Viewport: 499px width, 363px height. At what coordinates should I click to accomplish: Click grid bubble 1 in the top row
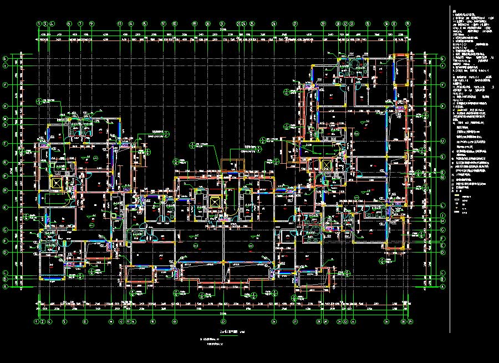(x=38, y=24)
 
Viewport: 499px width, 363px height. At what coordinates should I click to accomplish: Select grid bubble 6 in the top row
(x=69, y=24)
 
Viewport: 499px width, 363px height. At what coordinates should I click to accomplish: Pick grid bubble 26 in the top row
(x=274, y=24)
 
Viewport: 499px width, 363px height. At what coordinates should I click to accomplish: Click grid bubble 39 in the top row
(x=409, y=24)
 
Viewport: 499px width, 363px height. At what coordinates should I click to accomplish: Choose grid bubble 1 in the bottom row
(x=38, y=321)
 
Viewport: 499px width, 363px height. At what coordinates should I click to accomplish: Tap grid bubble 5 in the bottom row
(x=64, y=321)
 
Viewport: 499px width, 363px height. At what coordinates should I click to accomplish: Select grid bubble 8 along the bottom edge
(x=85, y=321)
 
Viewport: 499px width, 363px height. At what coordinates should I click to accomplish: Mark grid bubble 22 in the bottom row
(x=223, y=321)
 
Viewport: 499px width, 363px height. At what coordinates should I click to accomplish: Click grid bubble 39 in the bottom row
(x=409, y=321)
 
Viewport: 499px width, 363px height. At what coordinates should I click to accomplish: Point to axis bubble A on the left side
(x=6, y=287)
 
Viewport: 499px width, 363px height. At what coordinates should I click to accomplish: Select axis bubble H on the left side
(x=6, y=190)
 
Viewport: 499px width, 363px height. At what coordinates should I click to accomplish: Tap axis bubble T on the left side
(x=6, y=143)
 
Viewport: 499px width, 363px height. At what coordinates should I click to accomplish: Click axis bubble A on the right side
(x=442, y=287)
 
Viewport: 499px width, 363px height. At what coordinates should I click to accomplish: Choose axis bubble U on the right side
(x=442, y=142)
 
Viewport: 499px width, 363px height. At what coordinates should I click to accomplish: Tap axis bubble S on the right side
(x=442, y=157)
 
